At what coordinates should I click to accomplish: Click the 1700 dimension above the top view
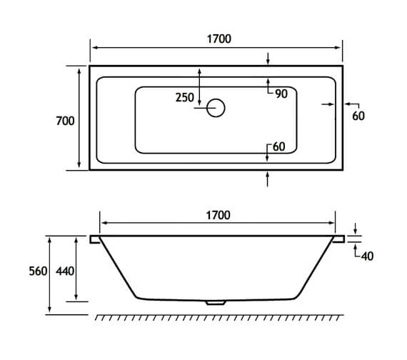coord(218,39)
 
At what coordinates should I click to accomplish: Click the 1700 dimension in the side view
coord(218,215)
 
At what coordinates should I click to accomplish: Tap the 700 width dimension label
coord(65,121)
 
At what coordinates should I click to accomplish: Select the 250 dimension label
coord(184,98)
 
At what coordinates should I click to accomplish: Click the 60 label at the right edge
coord(358,116)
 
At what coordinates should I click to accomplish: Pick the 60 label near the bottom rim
coord(278,147)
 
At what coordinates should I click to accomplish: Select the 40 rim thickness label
coord(367,256)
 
